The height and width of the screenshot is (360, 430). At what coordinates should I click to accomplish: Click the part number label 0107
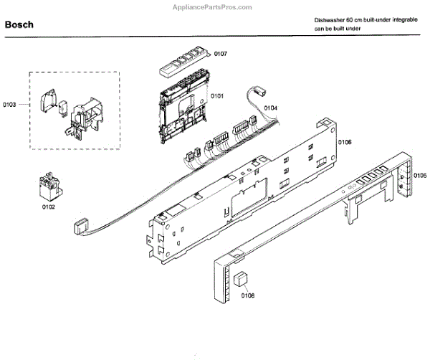pos(221,54)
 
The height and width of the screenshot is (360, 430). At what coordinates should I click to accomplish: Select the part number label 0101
pos(216,95)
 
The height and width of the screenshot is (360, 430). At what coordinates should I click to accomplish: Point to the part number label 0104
pos(270,108)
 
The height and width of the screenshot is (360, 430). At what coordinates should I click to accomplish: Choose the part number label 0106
pos(345,143)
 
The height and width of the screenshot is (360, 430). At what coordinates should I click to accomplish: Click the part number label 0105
pos(420,176)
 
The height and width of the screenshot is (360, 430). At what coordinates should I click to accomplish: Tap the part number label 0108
pos(248,295)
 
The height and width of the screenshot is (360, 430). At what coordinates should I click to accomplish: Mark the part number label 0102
pos(48,207)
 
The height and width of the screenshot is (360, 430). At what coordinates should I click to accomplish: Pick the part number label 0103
pos(9,105)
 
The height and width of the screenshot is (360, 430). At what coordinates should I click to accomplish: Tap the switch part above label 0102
pos(48,186)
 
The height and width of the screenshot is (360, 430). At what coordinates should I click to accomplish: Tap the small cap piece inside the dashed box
pos(50,100)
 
